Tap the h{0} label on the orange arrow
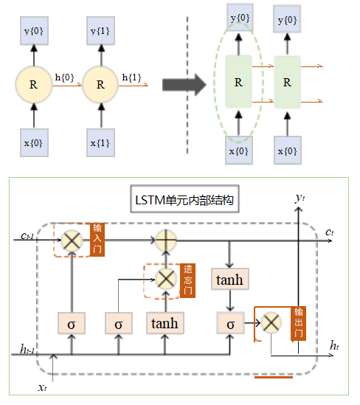(x=66, y=75)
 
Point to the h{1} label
(x=132, y=75)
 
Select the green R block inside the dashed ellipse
(x=238, y=82)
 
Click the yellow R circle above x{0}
(x=33, y=84)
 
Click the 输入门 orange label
(x=97, y=239)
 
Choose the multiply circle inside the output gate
(x=271, y=322)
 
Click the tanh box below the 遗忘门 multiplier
(x=165, y=322)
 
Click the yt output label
(x=299, y=197)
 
